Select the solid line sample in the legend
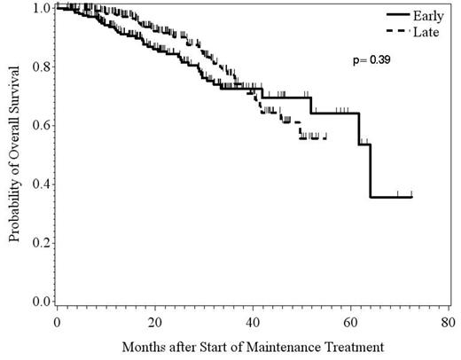click(x=376, y=15)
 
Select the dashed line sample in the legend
click(x=376, y=31)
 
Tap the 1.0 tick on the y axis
click(x=39, y=8)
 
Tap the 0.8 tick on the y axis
click(x=39, y=67)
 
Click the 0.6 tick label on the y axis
click(x=39, y=125)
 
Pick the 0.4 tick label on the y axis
click(x=39, y=184)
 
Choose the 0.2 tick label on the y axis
click(x=39, y=242)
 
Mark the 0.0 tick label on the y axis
click(x=39, y=301)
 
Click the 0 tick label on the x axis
click(x=57, y=321)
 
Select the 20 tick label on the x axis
click(x=154, y=321)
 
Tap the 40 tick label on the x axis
click(x=253, y=321)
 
